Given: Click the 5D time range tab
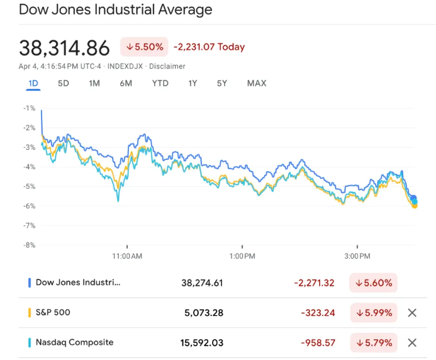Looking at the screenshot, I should [63, 83].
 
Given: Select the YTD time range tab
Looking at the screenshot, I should [160, 83].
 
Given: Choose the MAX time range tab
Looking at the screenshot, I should [257, 83].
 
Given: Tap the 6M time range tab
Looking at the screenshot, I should [126, 83].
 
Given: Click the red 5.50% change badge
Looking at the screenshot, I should [144, 47].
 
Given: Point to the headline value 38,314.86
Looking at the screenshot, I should [64, 48].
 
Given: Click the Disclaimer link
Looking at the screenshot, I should [167, 66].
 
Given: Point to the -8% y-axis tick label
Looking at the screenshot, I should [30, 245].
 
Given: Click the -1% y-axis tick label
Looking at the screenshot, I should [30, 108].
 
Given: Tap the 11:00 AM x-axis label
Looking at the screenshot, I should [127, 256].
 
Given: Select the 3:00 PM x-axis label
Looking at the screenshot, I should [357, 256].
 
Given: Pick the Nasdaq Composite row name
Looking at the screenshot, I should [74, 342].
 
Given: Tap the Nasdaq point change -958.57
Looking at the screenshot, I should [317, 343].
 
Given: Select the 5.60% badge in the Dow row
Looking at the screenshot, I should [373, 283].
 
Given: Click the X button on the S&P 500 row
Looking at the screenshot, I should [412, 313].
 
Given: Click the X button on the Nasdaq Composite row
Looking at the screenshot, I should [412, 343].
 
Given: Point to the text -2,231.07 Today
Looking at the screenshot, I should [209, 47].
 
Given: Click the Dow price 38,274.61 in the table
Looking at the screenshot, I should [202, 283].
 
